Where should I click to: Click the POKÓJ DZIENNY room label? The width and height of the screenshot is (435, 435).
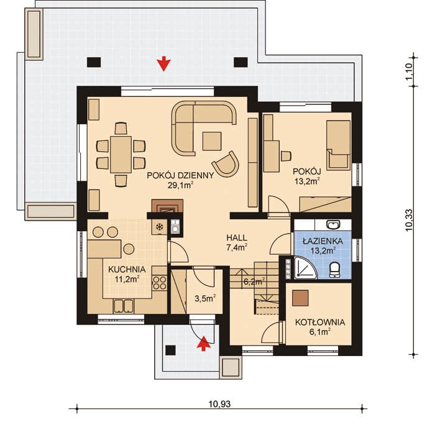[x=180, y=175]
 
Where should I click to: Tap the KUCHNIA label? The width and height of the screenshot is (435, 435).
[x=127, y=269]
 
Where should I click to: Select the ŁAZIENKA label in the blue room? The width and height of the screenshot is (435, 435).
[x=323, y=241]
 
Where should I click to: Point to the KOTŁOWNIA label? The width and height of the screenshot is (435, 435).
[x=320, y=323]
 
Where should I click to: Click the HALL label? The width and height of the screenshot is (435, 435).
[x=237, y=238]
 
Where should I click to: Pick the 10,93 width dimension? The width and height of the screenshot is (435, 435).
[x=219, y=404]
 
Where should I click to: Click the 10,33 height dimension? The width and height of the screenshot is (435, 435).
[x=409, y=220]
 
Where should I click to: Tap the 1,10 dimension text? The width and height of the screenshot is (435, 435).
[x=409, y=71]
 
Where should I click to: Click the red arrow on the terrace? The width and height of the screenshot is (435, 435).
[x=163, y=64]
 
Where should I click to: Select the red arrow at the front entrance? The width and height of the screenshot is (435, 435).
[x=204, y=344]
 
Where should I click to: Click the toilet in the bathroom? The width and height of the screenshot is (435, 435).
[x=334, y=270]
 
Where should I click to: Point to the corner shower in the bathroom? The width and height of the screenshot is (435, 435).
[x=304, y=268]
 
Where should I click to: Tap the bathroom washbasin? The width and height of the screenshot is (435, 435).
[x=333, y=224]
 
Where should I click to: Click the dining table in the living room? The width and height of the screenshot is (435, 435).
[x=121, y=154]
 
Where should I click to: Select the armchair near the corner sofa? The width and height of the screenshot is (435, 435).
[x=227, y=164]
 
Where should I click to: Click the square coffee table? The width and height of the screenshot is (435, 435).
[x=212, y=141]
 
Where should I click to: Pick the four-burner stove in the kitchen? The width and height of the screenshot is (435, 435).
[x=160, y=282]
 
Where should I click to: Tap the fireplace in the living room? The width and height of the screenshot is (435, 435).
[x=167, y=206]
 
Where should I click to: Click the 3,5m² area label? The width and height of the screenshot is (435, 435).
[x=205, y=298]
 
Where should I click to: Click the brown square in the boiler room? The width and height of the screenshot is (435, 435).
[x=300, y=298]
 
